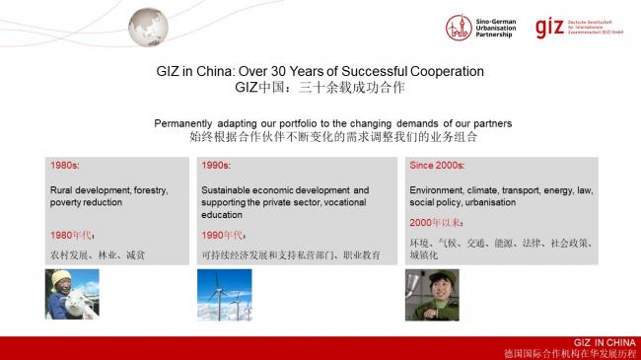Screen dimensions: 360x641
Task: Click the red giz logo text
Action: (x=547, y=27)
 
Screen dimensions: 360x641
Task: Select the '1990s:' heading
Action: (x=217, y=165)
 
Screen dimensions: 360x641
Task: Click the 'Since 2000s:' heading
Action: (x=438, y=165)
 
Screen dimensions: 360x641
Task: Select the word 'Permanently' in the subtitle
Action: (x=185, y=123)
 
